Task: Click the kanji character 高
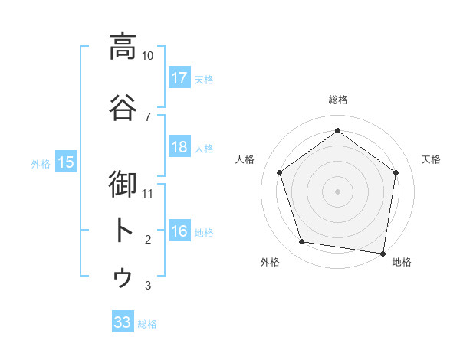click(123, 47)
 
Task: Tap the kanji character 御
click(123, 185)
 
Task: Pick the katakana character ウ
click(123, 278)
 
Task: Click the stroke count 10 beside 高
click(148, 56)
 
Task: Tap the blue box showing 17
click(179, 77)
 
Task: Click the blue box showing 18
click(179, 147)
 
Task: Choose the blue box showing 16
click(179, 231)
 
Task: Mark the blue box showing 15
click(66, 162)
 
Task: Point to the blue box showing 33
click(123, 322)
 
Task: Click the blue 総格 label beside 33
click(147, 324)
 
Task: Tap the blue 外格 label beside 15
click(41, 163)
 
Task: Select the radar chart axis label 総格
click(338, 100)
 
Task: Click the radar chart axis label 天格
click(431, 159)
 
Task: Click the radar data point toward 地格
click(383, 253)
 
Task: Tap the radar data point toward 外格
click(302, 242)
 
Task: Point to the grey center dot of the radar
click(337, 191)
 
